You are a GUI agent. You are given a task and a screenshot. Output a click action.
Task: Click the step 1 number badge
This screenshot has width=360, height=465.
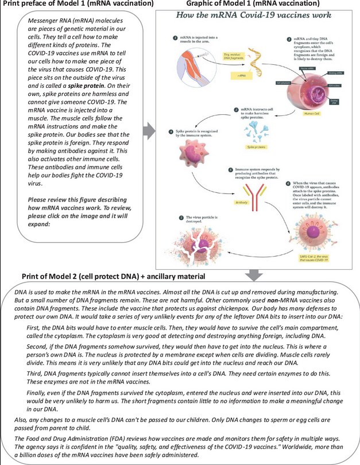pos(175,38)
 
